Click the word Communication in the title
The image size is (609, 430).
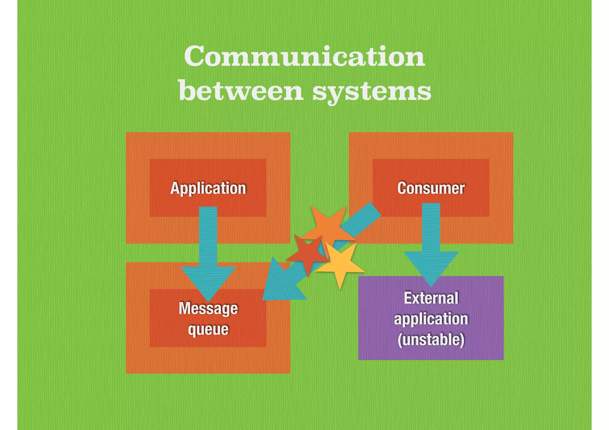point(304,56)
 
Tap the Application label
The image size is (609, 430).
point(208,188)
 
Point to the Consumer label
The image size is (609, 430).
point(431,188)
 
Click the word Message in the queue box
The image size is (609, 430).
point(208,308)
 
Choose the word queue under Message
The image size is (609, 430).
point(208,329)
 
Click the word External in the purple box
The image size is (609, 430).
point(431,298)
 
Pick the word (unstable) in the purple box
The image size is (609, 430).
point(431,340)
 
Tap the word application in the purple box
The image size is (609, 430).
point(431,319)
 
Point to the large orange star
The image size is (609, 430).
point(329,226)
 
